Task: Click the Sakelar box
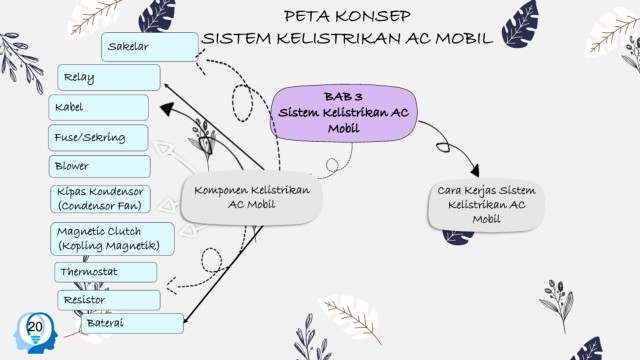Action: [x=150, y=47]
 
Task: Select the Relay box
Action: [x=109, y=77]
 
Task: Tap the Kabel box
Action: [x=98, y=107]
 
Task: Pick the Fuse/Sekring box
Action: [x=98, y=138]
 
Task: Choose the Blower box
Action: [x=100, y=166]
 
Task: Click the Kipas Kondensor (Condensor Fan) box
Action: [x=100, y=199]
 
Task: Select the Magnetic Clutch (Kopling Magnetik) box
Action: [x=112, y=239]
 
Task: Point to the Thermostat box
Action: [x=105, y=272]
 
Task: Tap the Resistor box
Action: [x=109, y=300]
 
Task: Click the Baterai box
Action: [x=133, y=323]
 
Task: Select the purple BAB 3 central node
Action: [x=344, y=113]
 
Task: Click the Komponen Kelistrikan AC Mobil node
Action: [x=251, y=198]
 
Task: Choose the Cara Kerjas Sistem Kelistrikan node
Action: [x=486, y=205]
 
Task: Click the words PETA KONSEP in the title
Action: [x=347, y=16]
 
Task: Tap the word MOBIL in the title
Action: [x=464, y=38]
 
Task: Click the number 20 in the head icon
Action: [x=35, y=327]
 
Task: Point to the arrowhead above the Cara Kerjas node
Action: [x=474, y=170]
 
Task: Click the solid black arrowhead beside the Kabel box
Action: [x=167, y=109]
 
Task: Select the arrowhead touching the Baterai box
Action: [x=186, y=320]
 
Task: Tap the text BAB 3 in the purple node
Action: [x=343, y=97]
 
